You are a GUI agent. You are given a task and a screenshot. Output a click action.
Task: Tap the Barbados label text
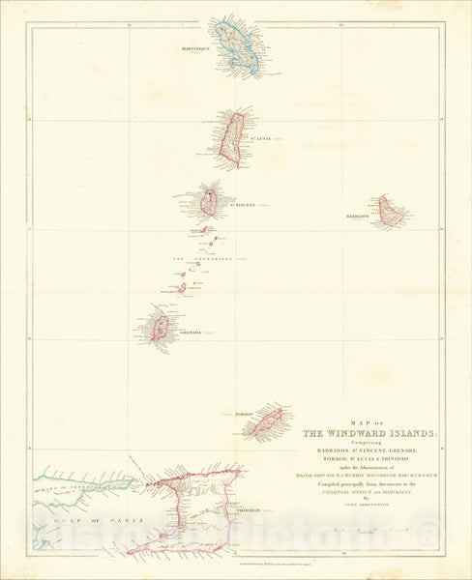(358, 217)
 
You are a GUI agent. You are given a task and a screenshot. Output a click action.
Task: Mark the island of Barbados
(390, 211)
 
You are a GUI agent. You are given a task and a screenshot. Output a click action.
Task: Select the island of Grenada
(162, 326)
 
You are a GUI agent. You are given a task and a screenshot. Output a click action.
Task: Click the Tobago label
(242, 414)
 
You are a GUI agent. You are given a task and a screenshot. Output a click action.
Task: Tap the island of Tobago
(267, 421)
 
